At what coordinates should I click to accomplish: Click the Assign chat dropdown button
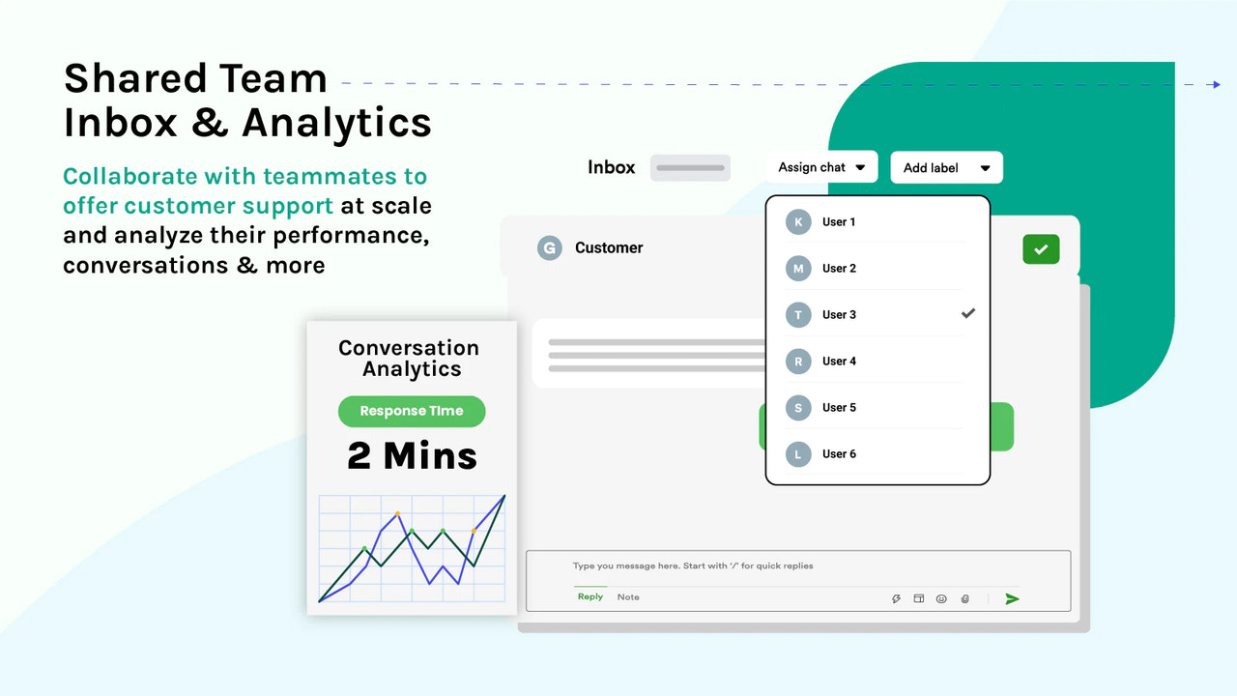coord(821,167)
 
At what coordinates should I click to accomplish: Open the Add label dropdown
coord(946,168)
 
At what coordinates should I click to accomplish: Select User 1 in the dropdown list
coord(839,222)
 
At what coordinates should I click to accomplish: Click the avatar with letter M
coord(798,269)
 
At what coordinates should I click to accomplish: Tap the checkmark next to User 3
coord(968,314)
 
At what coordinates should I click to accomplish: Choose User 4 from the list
coord(839,362)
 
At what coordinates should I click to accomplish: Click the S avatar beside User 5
coord(798,408)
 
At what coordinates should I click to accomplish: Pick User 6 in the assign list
coord(839,454)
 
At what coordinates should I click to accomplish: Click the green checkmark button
coord(1041,249)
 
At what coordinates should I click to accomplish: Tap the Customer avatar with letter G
coord(549,248)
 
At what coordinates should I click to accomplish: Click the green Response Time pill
coord(412,411)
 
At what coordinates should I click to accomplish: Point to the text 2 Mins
coord(413,455)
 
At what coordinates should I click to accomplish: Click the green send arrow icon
coord(1012,599)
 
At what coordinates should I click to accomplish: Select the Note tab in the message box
coord(628,597)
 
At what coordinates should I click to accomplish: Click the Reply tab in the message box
coord(590,597)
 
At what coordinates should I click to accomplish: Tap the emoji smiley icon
coord(941,599)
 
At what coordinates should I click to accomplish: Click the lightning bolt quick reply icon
coord(896,599)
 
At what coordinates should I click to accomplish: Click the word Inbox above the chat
coord(612,167)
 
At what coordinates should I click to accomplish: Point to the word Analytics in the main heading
coord(336,123)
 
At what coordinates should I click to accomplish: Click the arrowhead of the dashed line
coord(1216,85)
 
